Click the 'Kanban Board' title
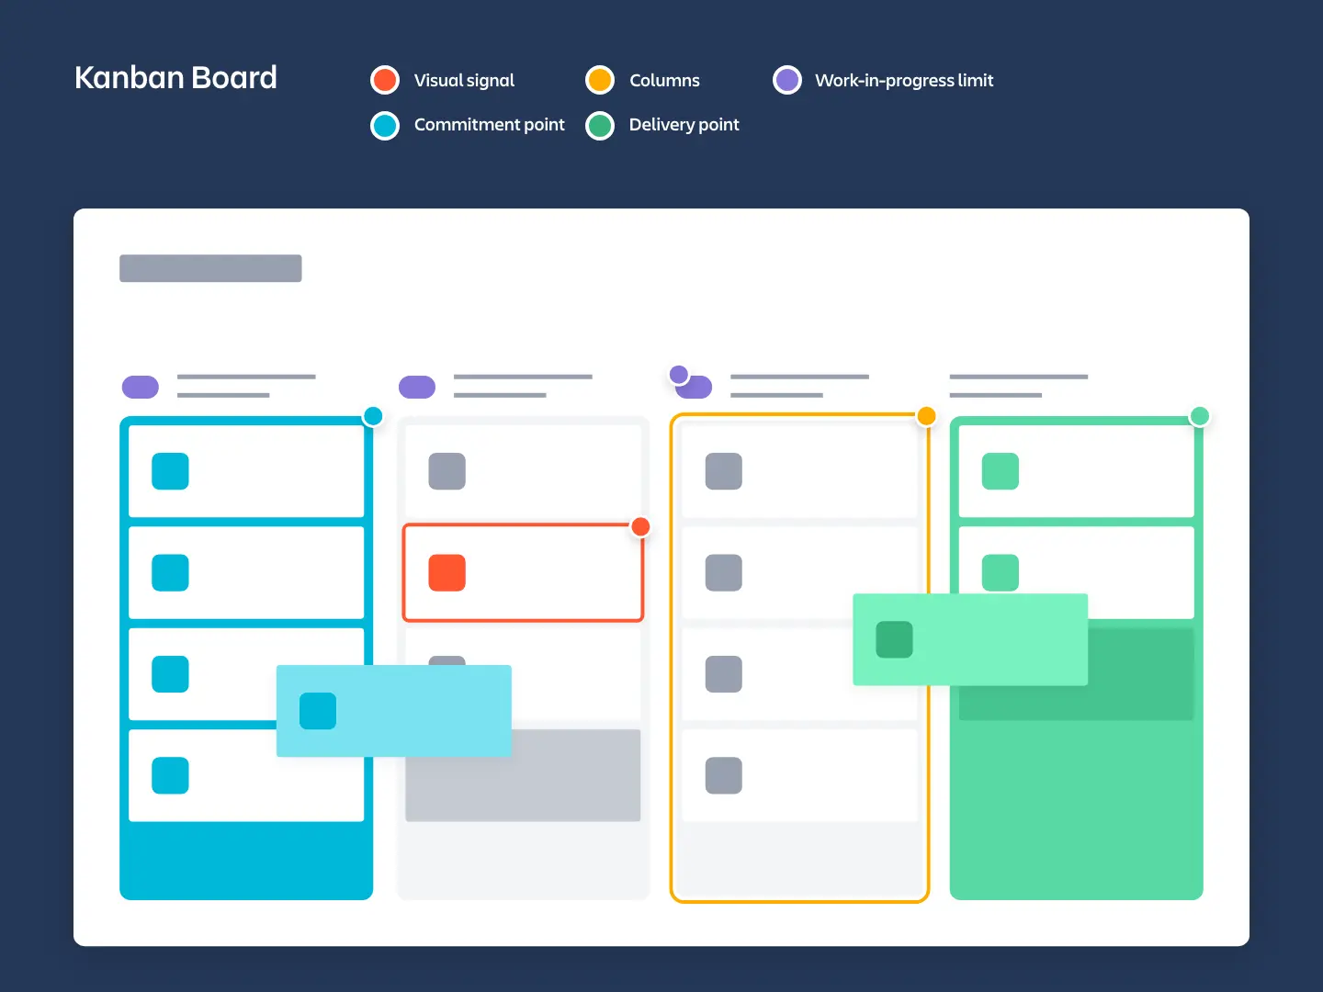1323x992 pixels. pyautogui.click(x=175, y=78)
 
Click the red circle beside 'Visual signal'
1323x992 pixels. pyautogui.click(x=385, y=80)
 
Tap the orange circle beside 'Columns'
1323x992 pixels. pyautogui.click(x=600, y=80)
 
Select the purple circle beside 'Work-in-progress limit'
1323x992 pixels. pyautogui.click(x=787, y=80)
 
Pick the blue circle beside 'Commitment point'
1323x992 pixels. pyautogui.click(x=385, y=125)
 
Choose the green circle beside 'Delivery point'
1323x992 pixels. pyautogui.click(x=600, y=125)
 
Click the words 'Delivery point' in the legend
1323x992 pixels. pyautogui.click(x=684, y=125)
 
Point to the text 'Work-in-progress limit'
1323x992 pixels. pyautogui.click(x=904, y=81)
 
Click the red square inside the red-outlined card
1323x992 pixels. pyautogui.click(x=447, y=572)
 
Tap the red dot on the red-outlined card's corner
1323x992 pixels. pyautogui.click(x=640, y=526)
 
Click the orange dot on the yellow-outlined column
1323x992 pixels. pyautogui.click(x=926, y=416)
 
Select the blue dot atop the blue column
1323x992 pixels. pyautogui.click(x=373, y=416)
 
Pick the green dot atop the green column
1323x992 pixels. pyautogui.click(x=1199, y=416)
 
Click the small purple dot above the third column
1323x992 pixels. pyautogui.click(x=679, y=374)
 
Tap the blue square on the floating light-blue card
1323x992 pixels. pyautogui.click(x=318, y=711)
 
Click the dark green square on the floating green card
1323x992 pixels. pyautogui.click(x=894, y=639)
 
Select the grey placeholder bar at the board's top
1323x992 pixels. pyautogui.click(x=210, y=268)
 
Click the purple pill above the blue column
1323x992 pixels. pyautogui.click(x=141, y=387)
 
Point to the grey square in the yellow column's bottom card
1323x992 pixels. pyautogui.click(x=724, y=775)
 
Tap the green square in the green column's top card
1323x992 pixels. pyautogui.click(x=1001, y=471)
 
